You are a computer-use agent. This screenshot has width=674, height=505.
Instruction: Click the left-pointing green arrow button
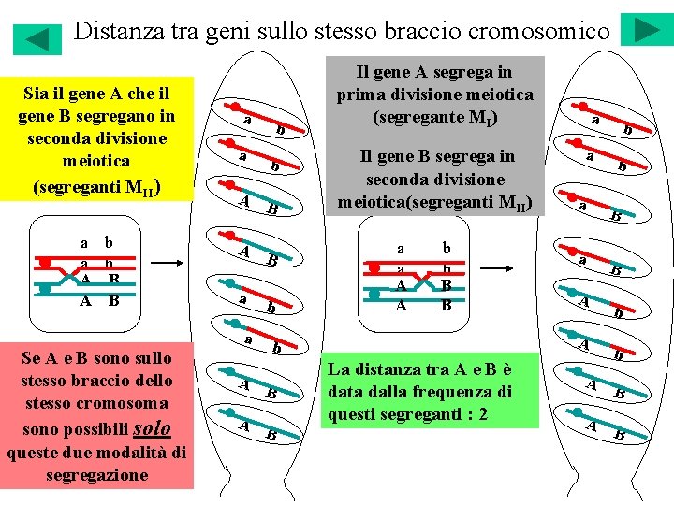click(x=37, y=38)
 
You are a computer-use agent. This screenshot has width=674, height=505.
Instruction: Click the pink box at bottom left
click(x=97, y=415)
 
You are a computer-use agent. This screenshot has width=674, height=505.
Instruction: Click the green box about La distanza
click(x=430, y=390)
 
